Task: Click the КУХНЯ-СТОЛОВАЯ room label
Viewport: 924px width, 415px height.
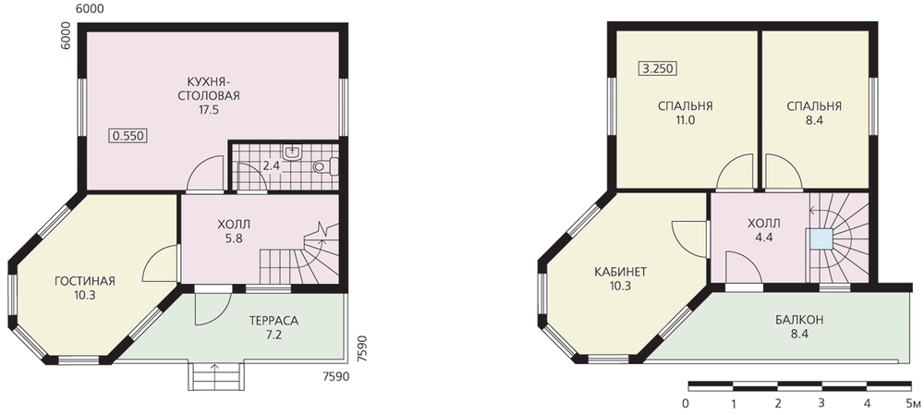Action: point(209,88)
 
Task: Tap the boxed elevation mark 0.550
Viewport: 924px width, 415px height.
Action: point(128,136)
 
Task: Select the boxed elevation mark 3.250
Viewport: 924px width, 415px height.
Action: point(658,68)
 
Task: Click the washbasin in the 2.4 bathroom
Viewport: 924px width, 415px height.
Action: point(293,153)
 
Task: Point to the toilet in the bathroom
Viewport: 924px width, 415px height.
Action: point(326,166)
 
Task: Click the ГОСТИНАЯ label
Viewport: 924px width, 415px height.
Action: point(85,281)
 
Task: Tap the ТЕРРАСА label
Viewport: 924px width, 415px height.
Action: point(274,322)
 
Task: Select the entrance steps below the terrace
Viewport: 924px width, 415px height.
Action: point(216,376)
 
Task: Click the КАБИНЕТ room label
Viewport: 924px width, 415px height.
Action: point(621,272)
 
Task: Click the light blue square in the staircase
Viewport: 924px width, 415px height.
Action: point(821,239)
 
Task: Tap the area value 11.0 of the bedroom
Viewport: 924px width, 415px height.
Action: point(686,120)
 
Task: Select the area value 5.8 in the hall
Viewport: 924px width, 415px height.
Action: point(234,238)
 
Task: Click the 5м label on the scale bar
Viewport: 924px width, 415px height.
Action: point(913,404)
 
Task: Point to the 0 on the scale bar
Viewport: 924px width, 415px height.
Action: point(686,404)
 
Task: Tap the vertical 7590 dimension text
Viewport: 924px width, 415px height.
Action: point(362,350)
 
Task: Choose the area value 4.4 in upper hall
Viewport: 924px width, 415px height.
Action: point(764,238)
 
